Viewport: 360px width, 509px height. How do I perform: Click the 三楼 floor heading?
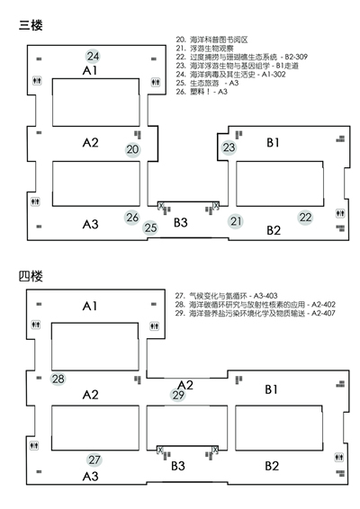pos(31,25)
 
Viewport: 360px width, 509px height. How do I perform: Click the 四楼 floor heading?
pos(31,276)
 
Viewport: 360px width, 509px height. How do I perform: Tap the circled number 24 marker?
pos(93,56)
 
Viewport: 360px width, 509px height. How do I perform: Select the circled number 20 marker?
pos(132,149)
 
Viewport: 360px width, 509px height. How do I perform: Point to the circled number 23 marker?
pos(229,147)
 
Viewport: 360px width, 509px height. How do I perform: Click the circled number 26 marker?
pos(132,217)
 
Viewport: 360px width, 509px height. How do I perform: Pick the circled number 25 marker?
pos(150,228)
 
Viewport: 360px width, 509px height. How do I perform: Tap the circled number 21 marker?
pos(236,221)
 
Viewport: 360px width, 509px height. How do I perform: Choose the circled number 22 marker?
pos(305,218)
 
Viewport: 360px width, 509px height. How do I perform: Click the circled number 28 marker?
pos(58,379)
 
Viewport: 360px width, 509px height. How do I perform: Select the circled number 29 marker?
pos(178,395)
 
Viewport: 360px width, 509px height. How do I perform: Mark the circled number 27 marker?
pos(94,460)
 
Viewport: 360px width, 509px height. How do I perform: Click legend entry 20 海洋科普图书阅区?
pos(211,40)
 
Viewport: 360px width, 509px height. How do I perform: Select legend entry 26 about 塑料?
pos(202,92)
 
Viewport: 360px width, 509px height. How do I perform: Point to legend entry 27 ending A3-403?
pos(226,296)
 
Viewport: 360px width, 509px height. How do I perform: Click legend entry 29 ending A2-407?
pos(255,313)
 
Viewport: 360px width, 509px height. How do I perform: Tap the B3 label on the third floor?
pos(181,222)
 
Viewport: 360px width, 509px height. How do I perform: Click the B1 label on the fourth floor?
pos(272,389)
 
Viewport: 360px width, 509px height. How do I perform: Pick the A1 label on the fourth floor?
pos(90,306)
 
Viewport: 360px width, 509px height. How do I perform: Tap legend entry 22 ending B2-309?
pos(241,58)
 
